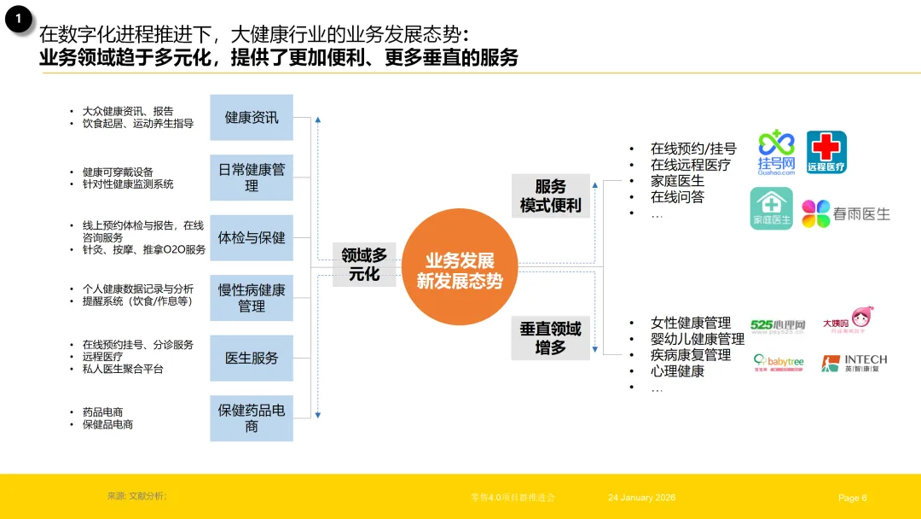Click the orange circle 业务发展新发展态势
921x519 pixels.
coord(460,266)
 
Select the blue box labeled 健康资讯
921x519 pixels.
coord(252,118)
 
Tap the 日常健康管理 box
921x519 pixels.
coord(252,178)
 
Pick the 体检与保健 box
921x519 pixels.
coord(252,237)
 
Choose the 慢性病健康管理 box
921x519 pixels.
coord(252,297)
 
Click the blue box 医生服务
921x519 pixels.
coord(252,358)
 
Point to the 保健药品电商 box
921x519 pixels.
coord(252,417)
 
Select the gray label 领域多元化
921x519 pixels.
coord(364,264)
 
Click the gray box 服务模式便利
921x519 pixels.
coord(551,196)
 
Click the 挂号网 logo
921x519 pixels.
coord(776,153)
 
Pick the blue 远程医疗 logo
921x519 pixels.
coord(826,153)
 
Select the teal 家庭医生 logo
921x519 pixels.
coord(771,209)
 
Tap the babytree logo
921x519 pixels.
coord(778,364)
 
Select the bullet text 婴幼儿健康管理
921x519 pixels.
coord(697,339)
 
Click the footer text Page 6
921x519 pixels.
coord(852,498)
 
